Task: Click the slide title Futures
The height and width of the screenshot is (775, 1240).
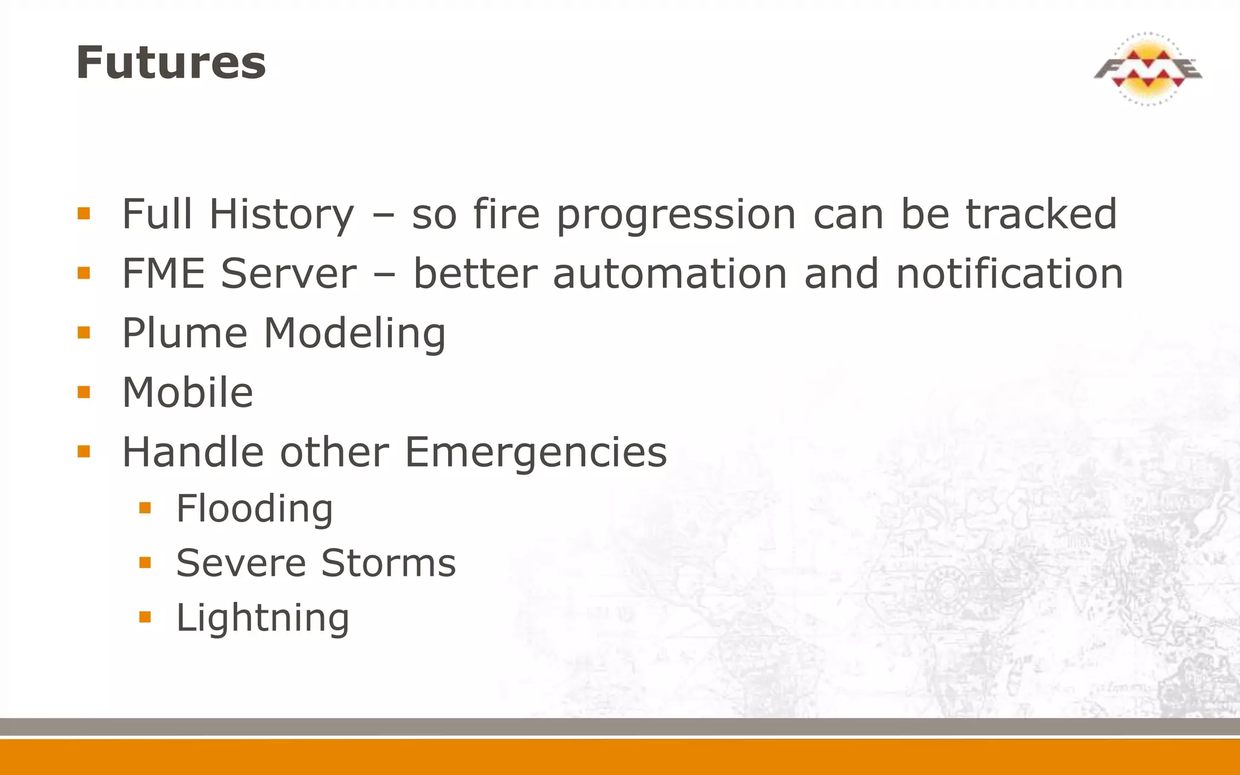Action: tap(171, 63)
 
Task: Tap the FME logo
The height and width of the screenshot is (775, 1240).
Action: tap(1148, 69)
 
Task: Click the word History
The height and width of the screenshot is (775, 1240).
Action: tap(282, 214)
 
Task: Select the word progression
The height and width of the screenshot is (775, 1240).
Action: tap(676, 216)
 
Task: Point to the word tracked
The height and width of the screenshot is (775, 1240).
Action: tap(1041, 214)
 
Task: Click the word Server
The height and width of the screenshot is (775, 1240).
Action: tap(289, 274)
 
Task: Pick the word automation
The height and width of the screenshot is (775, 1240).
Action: tap(670, 274)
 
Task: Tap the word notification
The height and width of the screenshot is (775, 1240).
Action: tap(1009, 274)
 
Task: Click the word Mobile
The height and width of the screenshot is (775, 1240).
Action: tap(188, 392)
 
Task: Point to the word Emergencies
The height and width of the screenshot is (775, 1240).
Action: tap(536, 452)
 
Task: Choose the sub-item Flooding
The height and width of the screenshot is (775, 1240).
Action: tap(254, 509)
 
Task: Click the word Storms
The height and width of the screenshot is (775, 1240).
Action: tap(388, 563)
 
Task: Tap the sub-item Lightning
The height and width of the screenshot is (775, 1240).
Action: tap(263, 618)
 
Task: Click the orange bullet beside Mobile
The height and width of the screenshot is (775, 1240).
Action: tap(84, 392)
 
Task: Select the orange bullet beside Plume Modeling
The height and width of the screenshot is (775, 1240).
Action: tap(84, 333)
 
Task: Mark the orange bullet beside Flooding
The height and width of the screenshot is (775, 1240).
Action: tap(145, 508)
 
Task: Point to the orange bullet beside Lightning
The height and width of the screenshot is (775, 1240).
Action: tap(145, 617)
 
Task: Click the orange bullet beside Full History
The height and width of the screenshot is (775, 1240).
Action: tap(84, 214)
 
